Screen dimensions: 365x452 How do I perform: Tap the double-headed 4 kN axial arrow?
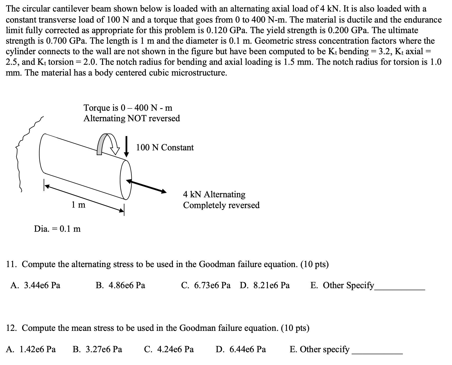146,186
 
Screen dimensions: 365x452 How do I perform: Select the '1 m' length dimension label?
78,205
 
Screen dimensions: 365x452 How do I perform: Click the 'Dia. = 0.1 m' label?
57,229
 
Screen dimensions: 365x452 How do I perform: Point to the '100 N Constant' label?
165,147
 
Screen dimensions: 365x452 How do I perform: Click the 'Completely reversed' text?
221,205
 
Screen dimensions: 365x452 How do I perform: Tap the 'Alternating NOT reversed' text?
132,118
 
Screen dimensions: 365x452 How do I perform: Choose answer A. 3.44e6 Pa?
35,285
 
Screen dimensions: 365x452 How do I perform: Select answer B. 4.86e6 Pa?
121,285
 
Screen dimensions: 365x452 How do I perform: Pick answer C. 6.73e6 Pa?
206,285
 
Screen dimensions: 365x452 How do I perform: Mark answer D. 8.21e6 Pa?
265,285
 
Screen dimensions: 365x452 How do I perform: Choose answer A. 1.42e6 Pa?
31,349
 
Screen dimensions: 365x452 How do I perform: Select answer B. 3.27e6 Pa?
97,349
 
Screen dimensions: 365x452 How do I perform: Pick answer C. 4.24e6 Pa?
169,349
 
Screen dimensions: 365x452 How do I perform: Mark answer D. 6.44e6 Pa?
241,349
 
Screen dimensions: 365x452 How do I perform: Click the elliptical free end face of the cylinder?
126,179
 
